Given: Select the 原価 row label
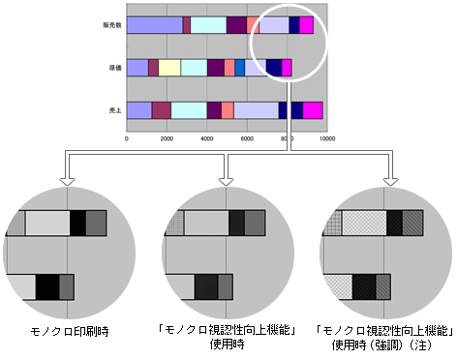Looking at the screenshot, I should pos(114,68).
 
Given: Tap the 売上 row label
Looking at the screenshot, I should pos(114,111).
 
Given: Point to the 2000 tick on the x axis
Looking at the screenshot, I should pos(167,138).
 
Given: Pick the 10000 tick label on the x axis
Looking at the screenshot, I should pos(326,138).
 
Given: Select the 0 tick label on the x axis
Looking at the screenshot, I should pos(127,138).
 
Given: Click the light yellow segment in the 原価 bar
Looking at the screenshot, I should pos(169,68).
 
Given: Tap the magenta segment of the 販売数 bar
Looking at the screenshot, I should pos(306,25).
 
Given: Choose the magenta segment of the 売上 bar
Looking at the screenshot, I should pos(313,110).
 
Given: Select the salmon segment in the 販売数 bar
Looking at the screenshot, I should pos(253,25).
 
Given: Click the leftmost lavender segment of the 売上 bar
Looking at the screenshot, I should pos(138,110).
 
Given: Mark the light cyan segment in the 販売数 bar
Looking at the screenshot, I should pos(208,25).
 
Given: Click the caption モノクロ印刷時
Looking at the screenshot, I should pos(68,332).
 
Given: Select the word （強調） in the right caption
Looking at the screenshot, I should pos(390,344).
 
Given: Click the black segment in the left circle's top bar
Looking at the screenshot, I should pos(78,224).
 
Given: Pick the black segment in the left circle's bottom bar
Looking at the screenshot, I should pos(47,286).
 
